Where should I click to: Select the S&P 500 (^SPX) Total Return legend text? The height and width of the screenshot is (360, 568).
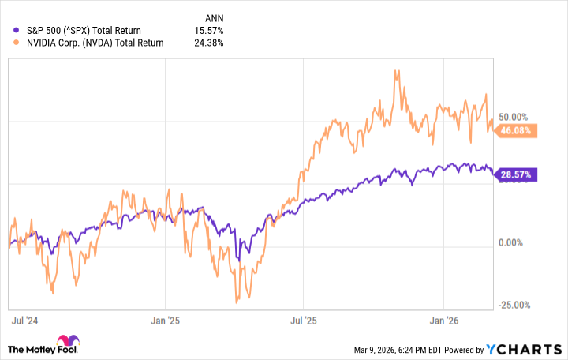pos(84,31)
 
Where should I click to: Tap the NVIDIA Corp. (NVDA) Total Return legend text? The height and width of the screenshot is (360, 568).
pos(94,43)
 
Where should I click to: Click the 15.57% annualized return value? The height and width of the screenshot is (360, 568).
pos(208,31)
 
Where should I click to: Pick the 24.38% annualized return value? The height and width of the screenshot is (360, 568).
pos(208,43)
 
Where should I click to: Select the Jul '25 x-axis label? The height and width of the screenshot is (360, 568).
pos(304,321)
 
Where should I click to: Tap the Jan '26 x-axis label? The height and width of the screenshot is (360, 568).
pos(443,321)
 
